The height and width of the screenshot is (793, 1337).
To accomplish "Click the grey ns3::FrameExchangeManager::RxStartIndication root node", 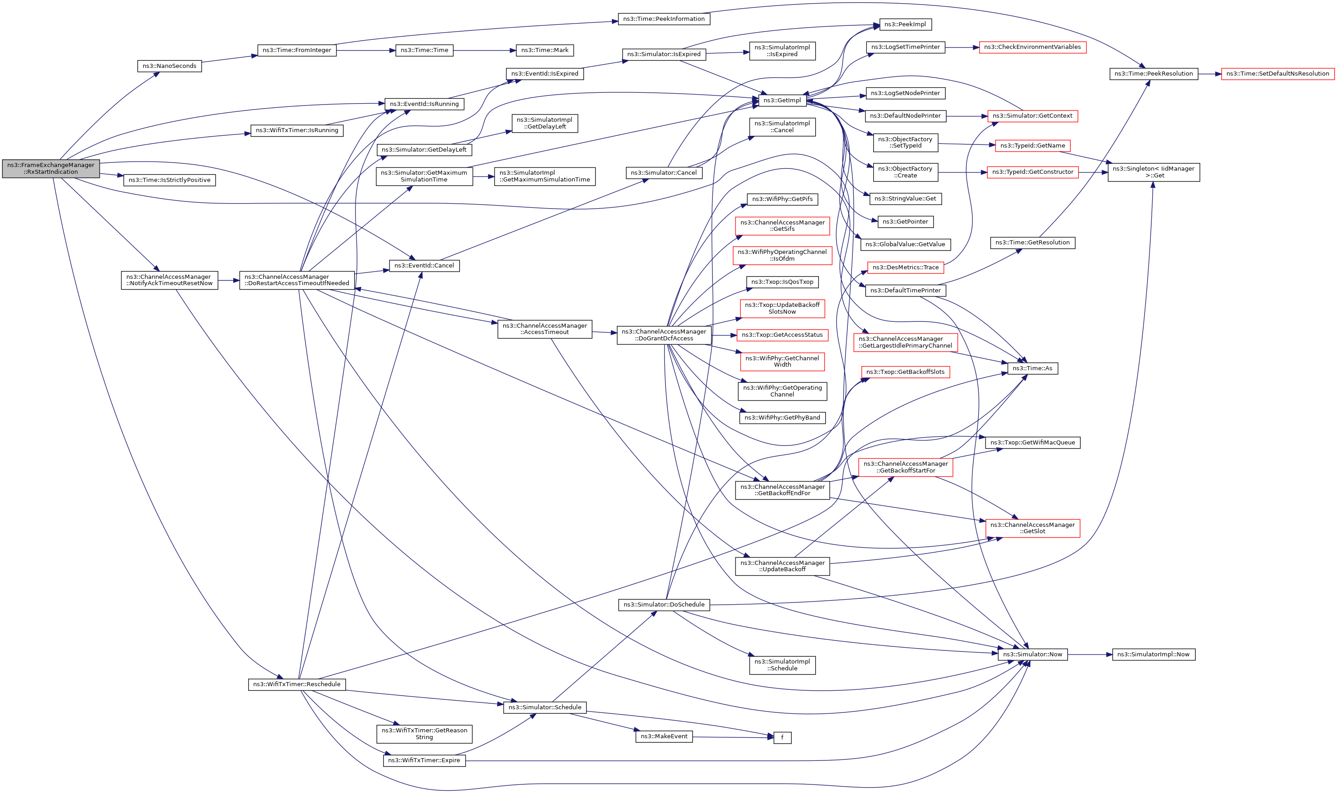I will point(51,168).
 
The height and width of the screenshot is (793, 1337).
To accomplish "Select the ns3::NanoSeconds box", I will point(169,66).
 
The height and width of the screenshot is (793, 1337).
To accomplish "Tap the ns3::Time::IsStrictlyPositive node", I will point(169,180).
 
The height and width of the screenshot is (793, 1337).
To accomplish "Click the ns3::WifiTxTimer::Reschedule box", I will point(297,684).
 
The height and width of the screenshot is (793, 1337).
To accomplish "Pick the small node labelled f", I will point(782,738).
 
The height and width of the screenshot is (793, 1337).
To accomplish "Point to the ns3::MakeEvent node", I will point(664,736).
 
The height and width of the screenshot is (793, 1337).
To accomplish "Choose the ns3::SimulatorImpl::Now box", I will point(1154,654).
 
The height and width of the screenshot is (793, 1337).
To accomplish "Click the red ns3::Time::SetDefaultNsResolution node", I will point(1278,74).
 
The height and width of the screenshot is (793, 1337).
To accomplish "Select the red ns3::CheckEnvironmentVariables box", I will point(1032,47).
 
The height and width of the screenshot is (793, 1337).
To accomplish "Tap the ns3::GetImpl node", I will point(782,100).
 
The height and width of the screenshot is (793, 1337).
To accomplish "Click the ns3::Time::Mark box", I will point(545,50).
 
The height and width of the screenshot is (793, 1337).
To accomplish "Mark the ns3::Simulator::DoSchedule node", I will point(664,605).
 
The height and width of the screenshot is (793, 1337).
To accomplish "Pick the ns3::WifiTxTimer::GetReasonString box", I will point(424,734).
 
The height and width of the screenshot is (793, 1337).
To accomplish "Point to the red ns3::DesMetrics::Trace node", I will point(905,267).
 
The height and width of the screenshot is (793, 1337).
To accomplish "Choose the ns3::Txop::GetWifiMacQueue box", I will point(1033,443).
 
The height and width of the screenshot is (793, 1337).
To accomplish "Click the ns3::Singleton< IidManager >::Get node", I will point(1154,172).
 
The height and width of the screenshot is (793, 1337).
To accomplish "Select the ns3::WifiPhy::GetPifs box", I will point(782,199).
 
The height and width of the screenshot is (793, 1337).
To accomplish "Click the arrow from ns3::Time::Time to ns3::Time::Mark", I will point(484,50).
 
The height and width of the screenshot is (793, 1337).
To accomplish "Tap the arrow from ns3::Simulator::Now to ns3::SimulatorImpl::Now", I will point(1090,654).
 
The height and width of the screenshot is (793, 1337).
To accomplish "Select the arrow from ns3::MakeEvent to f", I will point(733,737).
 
